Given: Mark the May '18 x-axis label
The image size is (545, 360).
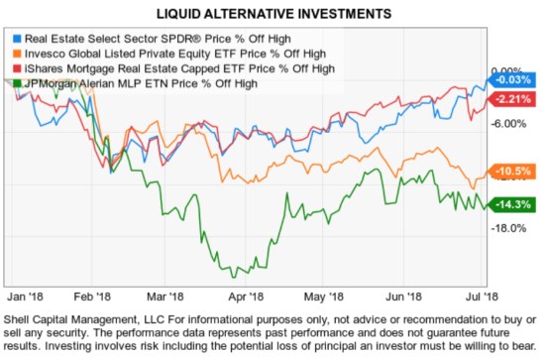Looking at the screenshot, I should pos(317,296).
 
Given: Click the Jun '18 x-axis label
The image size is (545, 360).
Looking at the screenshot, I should pos(394,296).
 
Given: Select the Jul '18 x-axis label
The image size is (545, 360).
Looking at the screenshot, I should pos(469,296).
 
